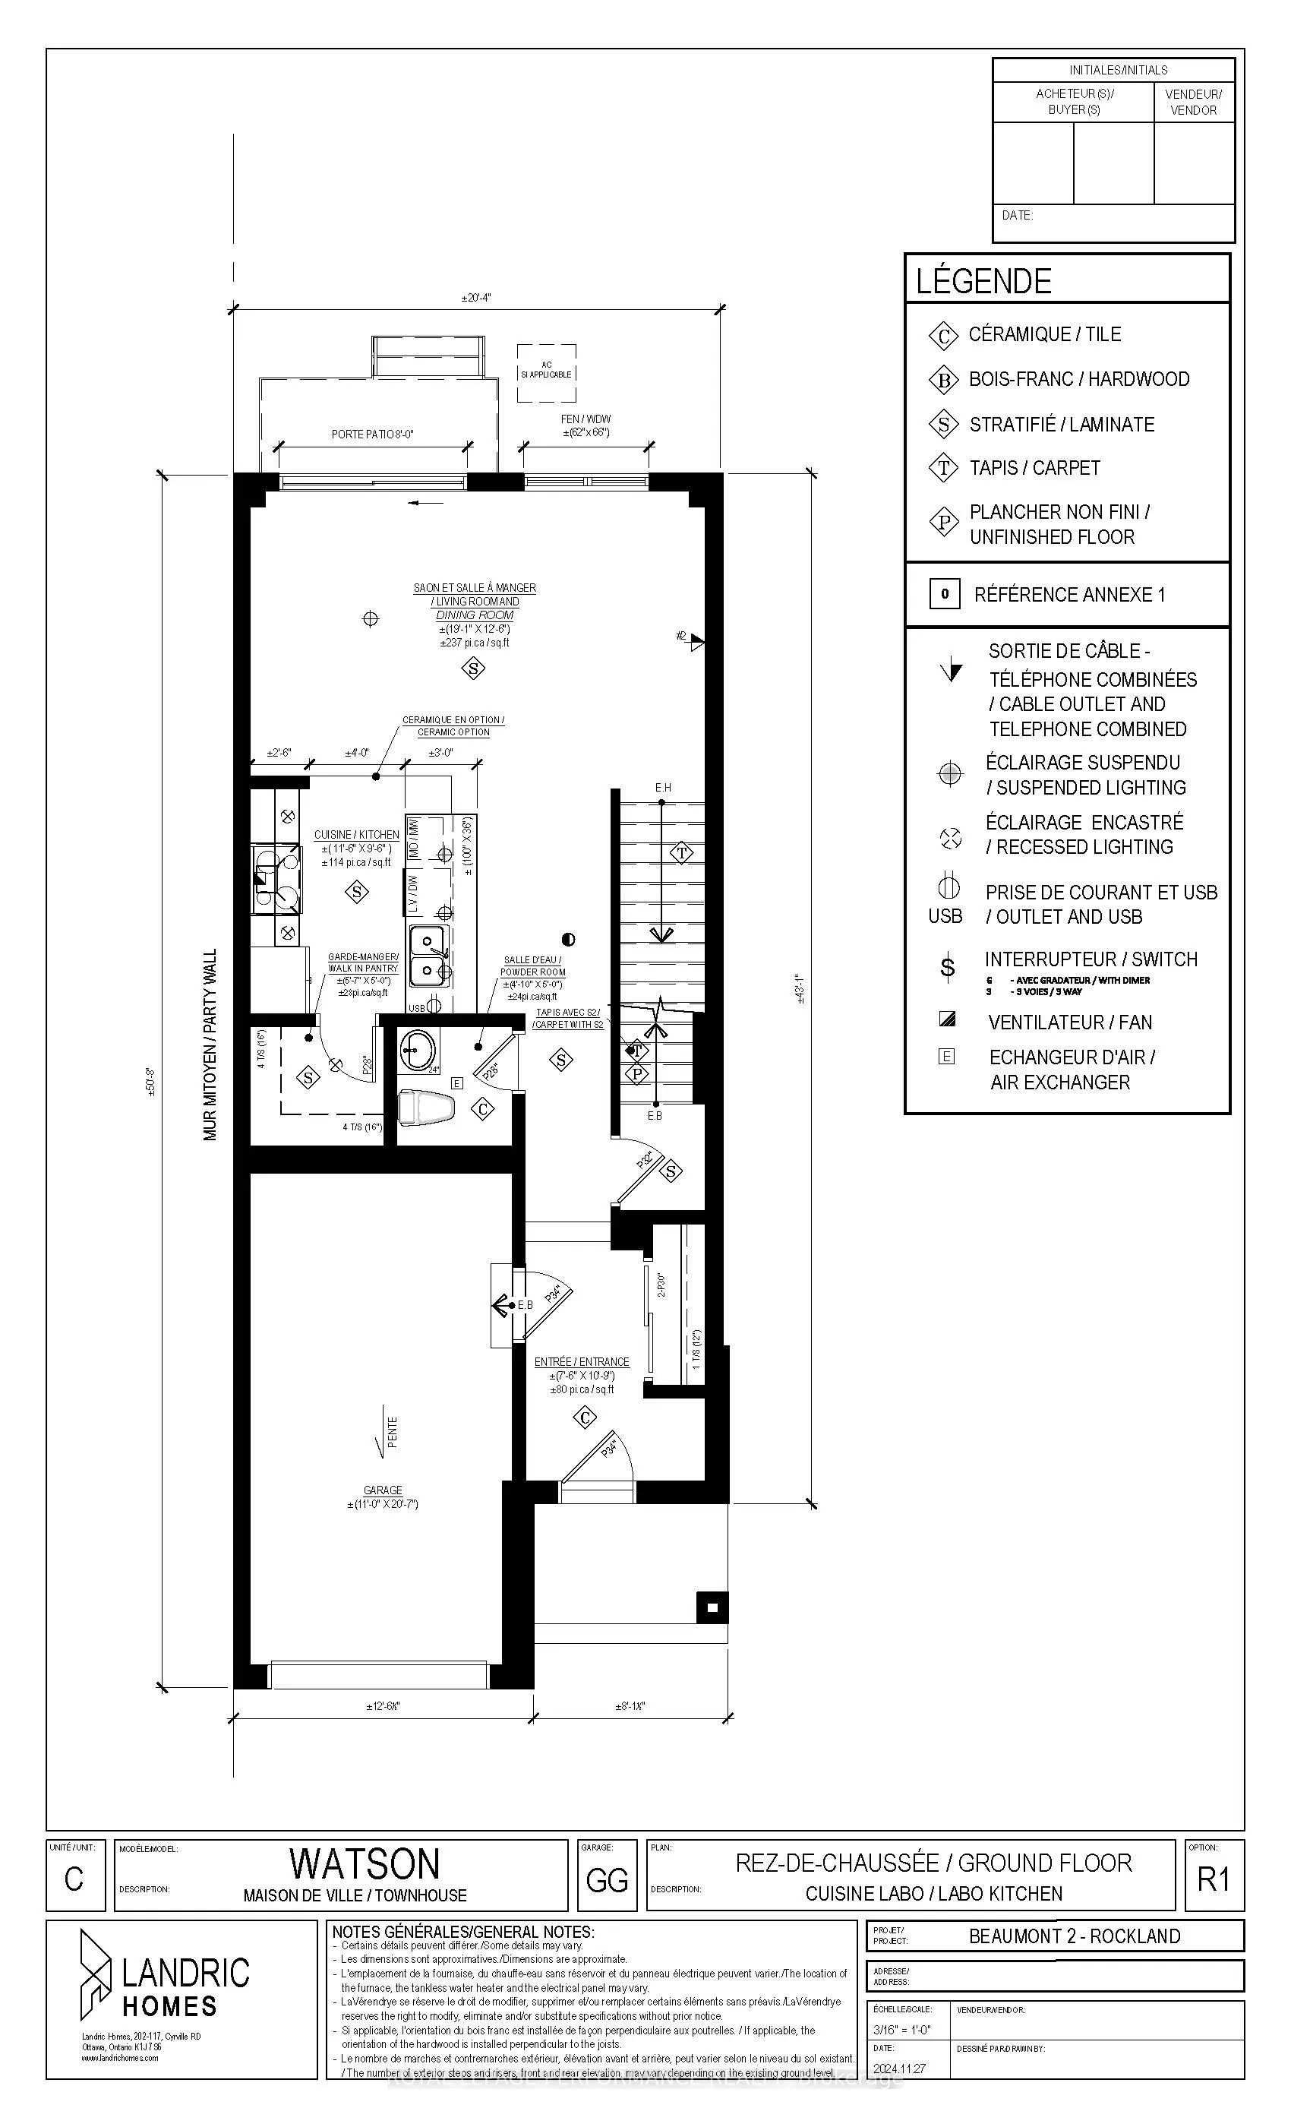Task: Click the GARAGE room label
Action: pyautogui.click(x=382, y=1490)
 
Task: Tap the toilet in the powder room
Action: pyautogui.click(x=427, y=1108)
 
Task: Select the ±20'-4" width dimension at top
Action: pyautogui.click(x=475, y=298)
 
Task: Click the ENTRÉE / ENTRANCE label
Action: pyautogui.click(x=581, y=1361)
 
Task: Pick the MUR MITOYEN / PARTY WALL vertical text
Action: pyautogui.click(x=210, y=1045)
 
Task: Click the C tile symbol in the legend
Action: pyautogui.click(x=943, y=336)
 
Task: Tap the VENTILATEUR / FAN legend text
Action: pyautogui.click(x=1069, y=1022)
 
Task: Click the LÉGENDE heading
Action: pyautogui.click(x=983, y=281)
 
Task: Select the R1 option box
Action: pyautogui.click(x=1213, y=1879)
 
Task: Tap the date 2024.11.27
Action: pyautogui.click(x=898, y=2069)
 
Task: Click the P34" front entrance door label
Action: pyautogui.click(x=609, y=1448)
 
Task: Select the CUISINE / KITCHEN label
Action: pyautogui.click(x=356, y=835)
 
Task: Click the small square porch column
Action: pyautogui.click(x=712, y=1607)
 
